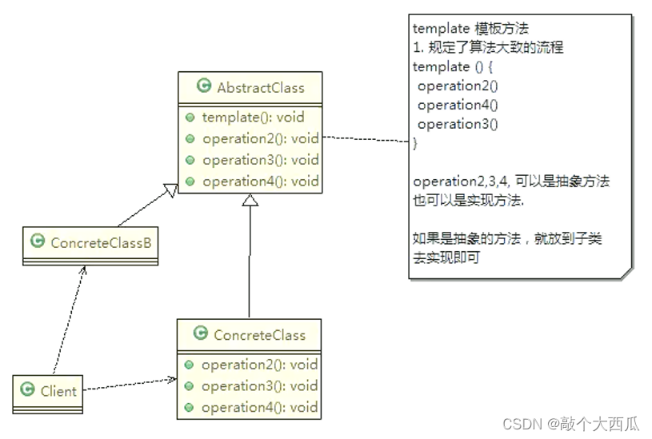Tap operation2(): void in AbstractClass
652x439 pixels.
(x=260, y=138)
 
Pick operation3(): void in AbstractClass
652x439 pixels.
(x=260, y=159)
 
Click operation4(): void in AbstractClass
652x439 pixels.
(x=260, y=181)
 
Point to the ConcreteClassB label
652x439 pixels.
(x=101, y=241)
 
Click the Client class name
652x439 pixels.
(x=58, y=391)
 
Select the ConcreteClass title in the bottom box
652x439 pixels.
(x=259, y=335)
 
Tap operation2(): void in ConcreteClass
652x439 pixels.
(x=259, y=365)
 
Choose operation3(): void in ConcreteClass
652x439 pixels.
(x=259, y=385)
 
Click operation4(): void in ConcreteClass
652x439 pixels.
(x=259, y=407)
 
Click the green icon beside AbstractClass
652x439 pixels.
(x=204, y=86)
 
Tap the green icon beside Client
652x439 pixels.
(x=27, y=390)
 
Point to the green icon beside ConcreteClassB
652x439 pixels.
(x=37, y=241)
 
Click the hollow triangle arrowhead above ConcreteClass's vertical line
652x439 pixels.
(x=249, y=201)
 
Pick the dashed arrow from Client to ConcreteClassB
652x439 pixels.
(x=68, y=320)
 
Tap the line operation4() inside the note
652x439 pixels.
(x=457, y=105)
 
